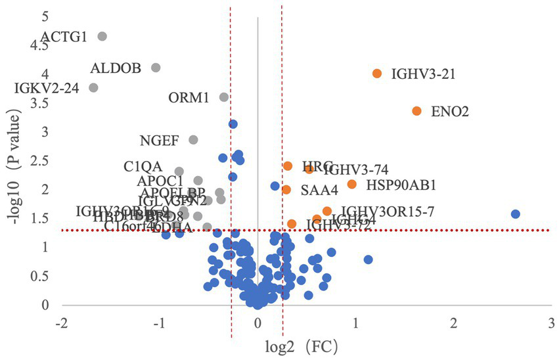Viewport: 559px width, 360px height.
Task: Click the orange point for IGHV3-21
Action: [x=377, y=74]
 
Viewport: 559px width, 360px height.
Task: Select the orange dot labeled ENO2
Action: [x=416, y=111]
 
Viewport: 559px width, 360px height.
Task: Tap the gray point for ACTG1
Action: [x=102, y=36]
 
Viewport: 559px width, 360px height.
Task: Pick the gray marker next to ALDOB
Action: [x=156, y=68]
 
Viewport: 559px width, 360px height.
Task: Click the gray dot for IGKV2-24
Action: [x=93, y=87]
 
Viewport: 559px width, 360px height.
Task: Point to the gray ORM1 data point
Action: [x=223, y=97]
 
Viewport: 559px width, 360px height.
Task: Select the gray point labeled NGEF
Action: [x=193, y=140]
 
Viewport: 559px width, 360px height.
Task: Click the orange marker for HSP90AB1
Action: [x=352, y=184]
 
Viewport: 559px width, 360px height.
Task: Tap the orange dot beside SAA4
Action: [x=286, y=190]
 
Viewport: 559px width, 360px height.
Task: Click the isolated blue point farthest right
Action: [x=516, y=214]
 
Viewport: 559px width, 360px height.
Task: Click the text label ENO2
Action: [x=449, y=112]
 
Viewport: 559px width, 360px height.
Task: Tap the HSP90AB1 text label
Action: [x=401, y=185]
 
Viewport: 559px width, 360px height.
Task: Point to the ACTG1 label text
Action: [x=64, y=37]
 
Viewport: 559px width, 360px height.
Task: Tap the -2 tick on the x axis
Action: [x=62, y=323]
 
